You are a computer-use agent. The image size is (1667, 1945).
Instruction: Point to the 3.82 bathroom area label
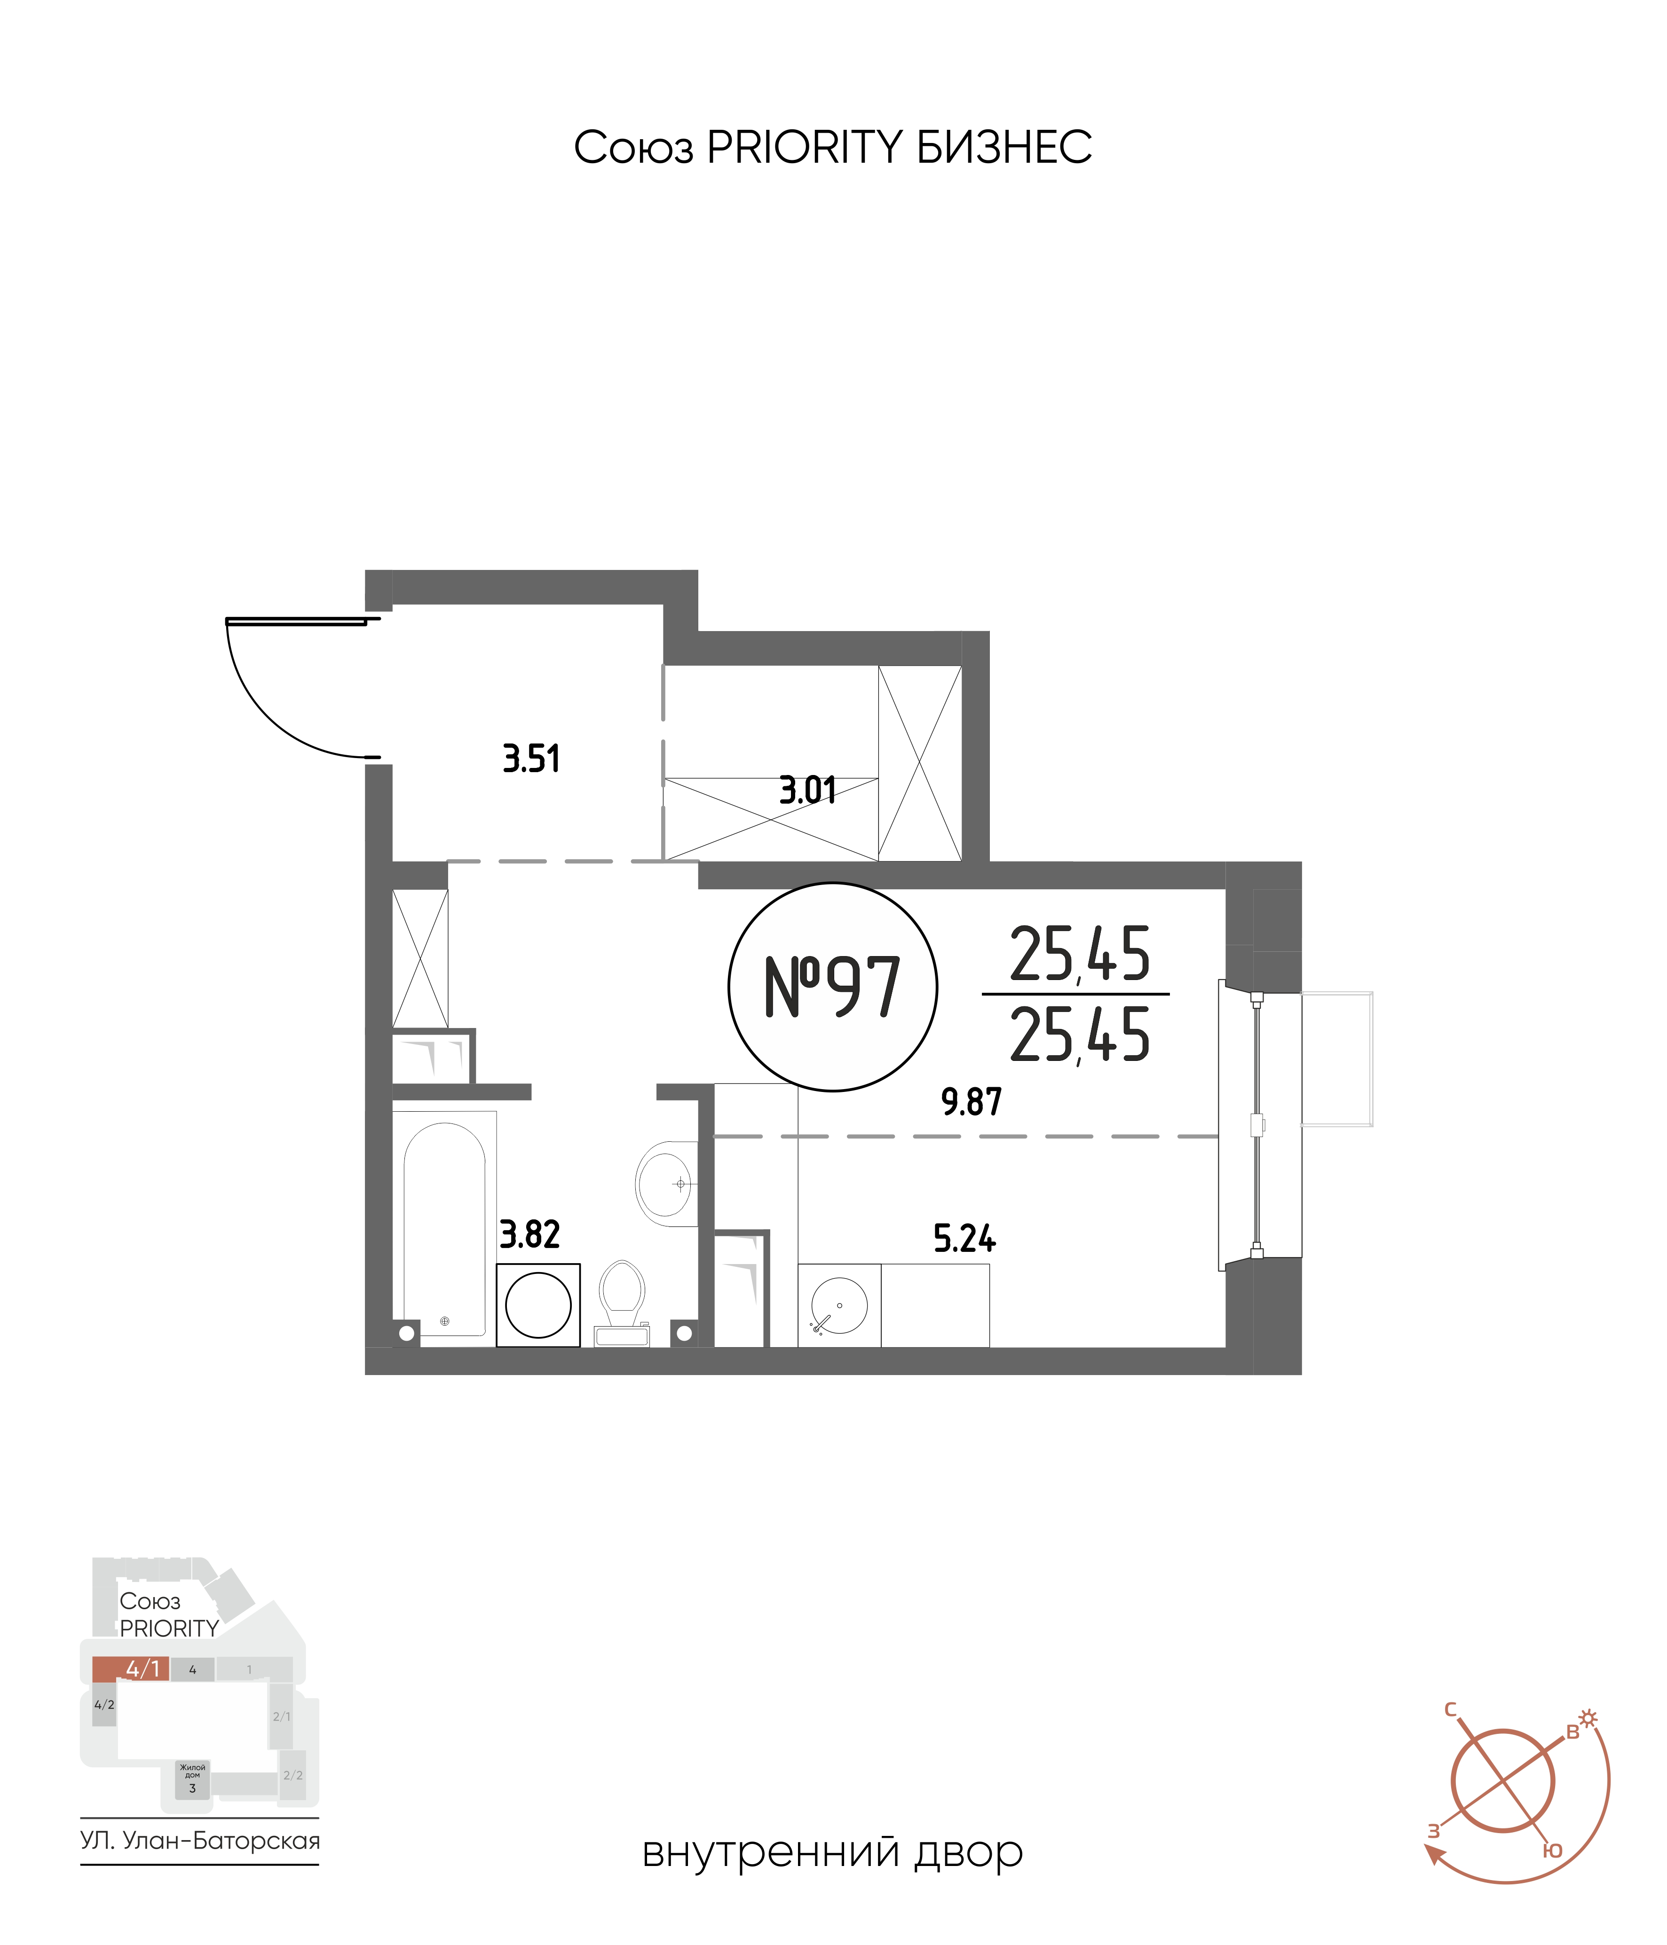pos(529,1234)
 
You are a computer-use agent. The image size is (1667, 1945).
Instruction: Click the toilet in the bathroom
pos(621,1303)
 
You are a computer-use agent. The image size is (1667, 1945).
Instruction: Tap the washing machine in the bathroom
pos(538,1305)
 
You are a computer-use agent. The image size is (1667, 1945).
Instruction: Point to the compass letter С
pos(1451,1709)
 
